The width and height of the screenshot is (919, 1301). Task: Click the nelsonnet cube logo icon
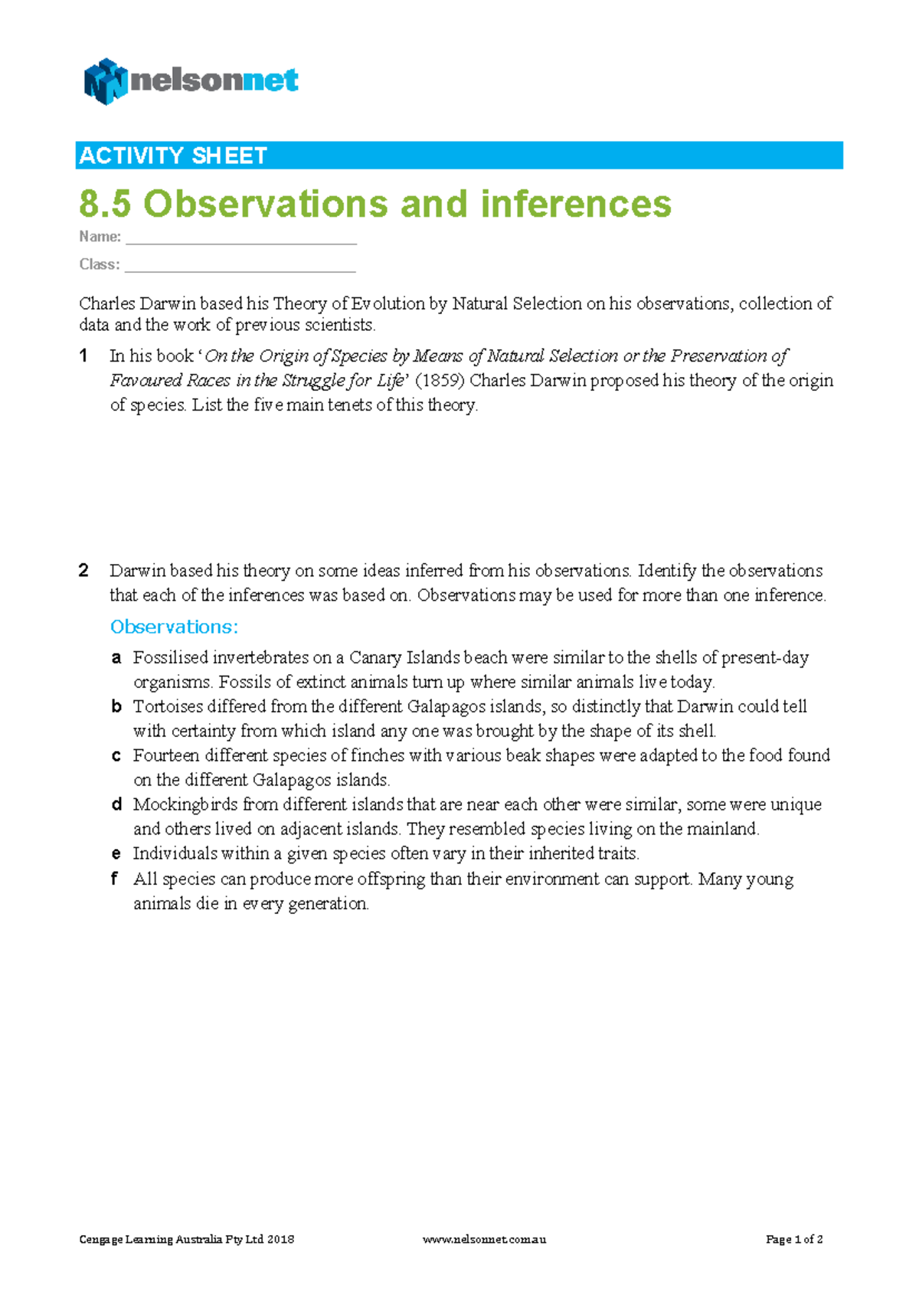pos(105,81)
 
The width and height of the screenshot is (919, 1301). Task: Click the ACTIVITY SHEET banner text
pos(173,156)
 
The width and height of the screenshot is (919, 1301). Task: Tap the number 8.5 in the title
pos(105,205)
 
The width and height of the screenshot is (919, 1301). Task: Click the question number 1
pos(83,356)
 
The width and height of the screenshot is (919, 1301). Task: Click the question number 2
pos(83,571)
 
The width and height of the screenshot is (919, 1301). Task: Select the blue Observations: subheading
pos(174,627)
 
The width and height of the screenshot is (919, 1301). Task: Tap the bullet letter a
pos(116,657)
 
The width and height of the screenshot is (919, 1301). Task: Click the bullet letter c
pos(116,755)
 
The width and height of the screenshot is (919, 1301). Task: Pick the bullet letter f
pos(115,879)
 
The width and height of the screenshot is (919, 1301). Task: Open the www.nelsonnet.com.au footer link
pos(484,1239)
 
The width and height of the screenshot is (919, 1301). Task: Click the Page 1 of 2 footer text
pos(794,1239)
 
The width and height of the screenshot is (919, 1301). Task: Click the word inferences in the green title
pos(575,205)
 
